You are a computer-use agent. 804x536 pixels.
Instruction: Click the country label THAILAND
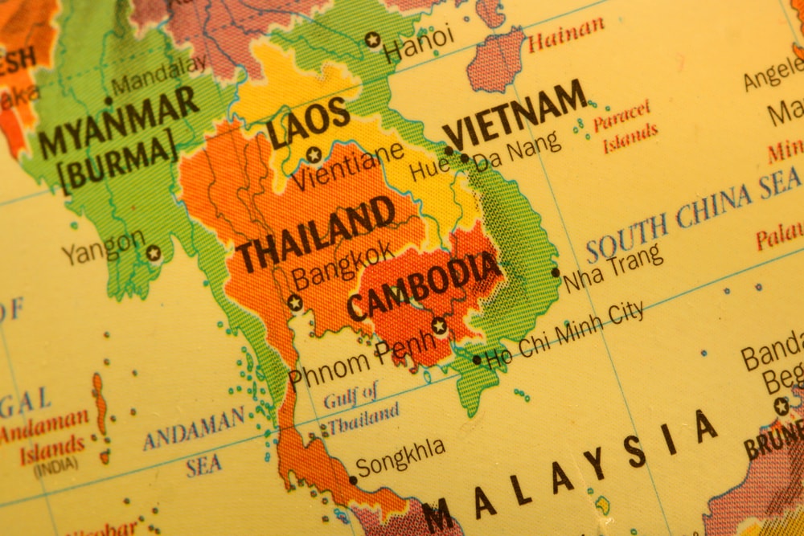[x=314, y=235]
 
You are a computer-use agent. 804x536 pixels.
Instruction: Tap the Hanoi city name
[x=418, y=43]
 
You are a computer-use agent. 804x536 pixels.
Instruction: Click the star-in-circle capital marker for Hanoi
[x=371, y=39]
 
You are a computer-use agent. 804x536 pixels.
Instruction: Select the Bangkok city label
[x=343, y=264]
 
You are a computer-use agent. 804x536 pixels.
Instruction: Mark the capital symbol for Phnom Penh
[x=439, y=325]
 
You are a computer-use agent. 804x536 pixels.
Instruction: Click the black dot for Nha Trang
[x=555, y=272]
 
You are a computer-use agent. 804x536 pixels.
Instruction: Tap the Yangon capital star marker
[x=154, y=253]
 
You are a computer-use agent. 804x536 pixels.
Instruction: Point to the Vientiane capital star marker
[x=314, y=154]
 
